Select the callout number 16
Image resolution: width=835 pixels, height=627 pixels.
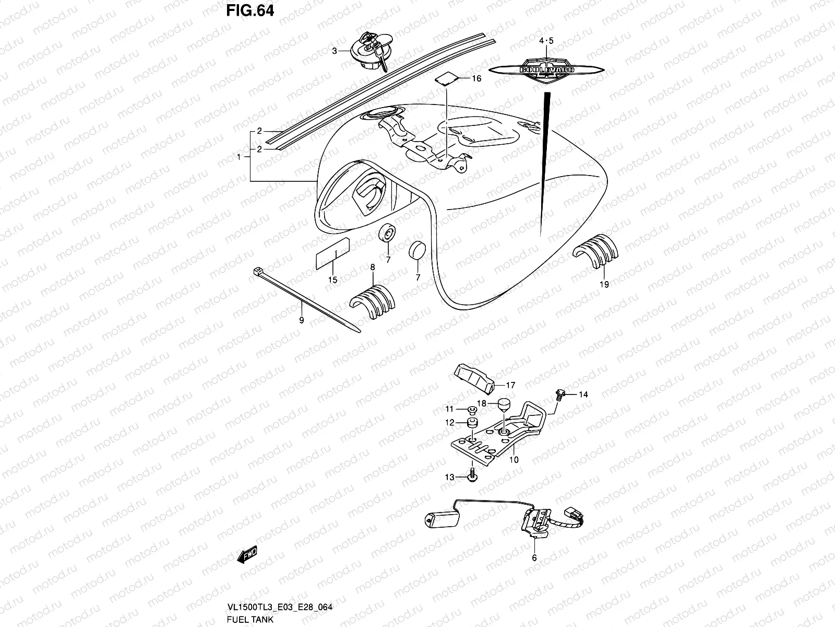point(476,79)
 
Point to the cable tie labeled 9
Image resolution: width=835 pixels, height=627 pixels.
point(305,299)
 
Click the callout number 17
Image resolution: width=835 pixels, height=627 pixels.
point(510,385)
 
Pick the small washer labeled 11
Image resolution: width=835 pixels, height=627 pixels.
point(471,409)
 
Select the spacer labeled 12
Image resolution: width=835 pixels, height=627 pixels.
point(473,422)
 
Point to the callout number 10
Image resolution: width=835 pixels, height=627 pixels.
point(514,460)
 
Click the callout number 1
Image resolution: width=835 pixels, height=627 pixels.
point(239,156)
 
